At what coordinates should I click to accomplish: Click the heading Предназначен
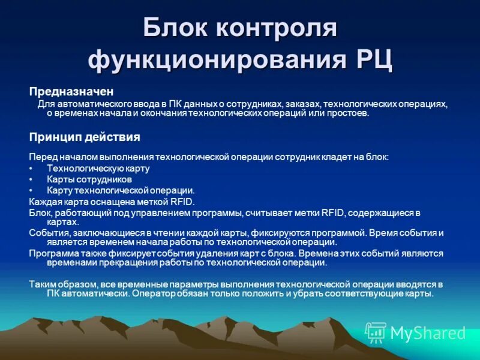coord(71,91)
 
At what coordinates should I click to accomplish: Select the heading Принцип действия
coord(85,137)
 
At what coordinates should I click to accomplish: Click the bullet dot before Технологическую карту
coord(31,169)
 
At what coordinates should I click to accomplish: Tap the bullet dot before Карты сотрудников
coord(31,179)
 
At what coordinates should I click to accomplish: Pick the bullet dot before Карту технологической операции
coord(31,190)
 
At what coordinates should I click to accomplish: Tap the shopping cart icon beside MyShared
coord(376,332)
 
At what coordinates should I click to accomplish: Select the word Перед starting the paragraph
coord(41,157)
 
